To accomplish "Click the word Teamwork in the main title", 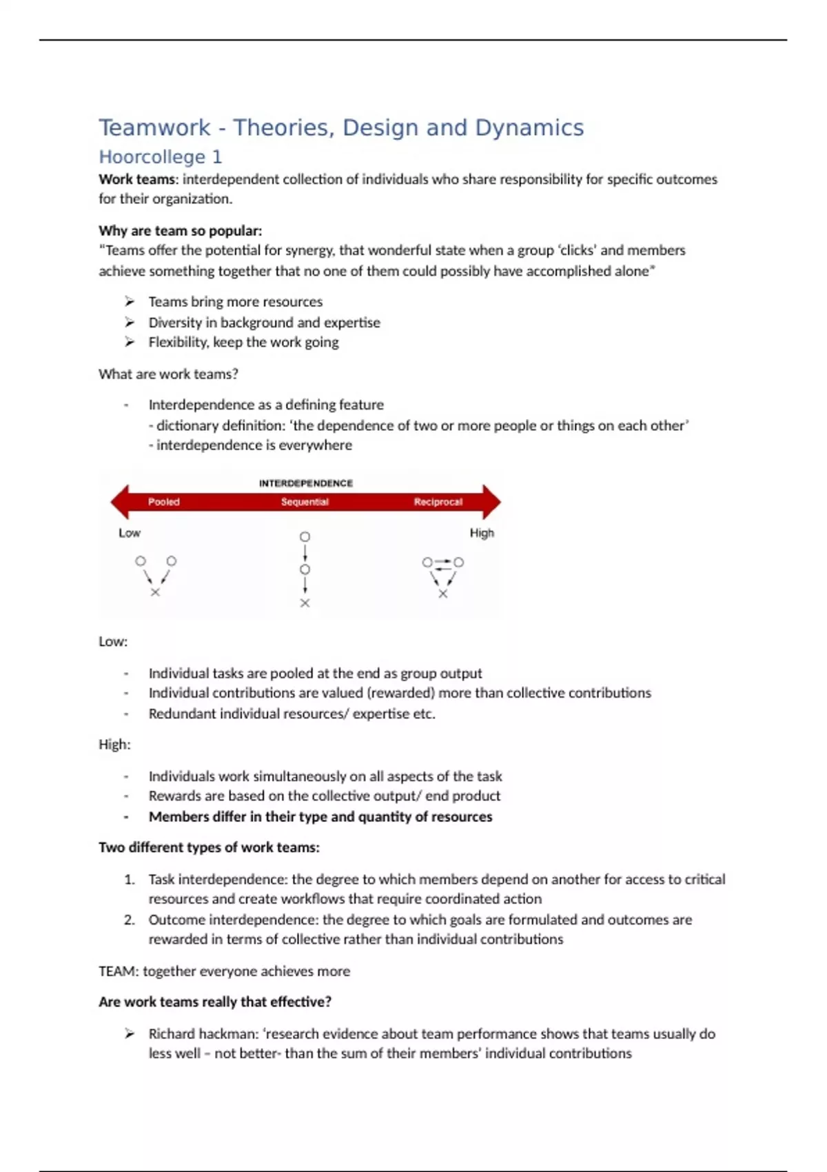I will [x=154, y=128].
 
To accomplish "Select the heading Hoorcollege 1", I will [x=160, y=157].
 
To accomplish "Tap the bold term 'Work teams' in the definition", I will [x=137, y=179].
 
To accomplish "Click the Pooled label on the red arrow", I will [x=163, y=502].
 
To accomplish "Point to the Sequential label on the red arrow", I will [x=305, y=502].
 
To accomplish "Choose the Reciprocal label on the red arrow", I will [x=438, y=502].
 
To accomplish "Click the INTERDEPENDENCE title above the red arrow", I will [x=305, y=483].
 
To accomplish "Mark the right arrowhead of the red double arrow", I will [x=491, y=502].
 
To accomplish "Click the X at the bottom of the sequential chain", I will [x=305, y=603].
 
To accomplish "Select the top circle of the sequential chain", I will [x=305, y=536].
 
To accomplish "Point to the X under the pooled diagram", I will [x=155, y=592].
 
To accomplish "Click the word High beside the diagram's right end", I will [x=482, y=533].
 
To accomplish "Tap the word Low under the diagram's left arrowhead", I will [x=129, y=533].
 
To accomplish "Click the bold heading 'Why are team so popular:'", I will [x=180, y=230].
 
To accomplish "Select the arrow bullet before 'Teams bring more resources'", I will [x=130, y=301].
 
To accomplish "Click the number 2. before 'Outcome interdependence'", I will [x=130, y=920].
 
